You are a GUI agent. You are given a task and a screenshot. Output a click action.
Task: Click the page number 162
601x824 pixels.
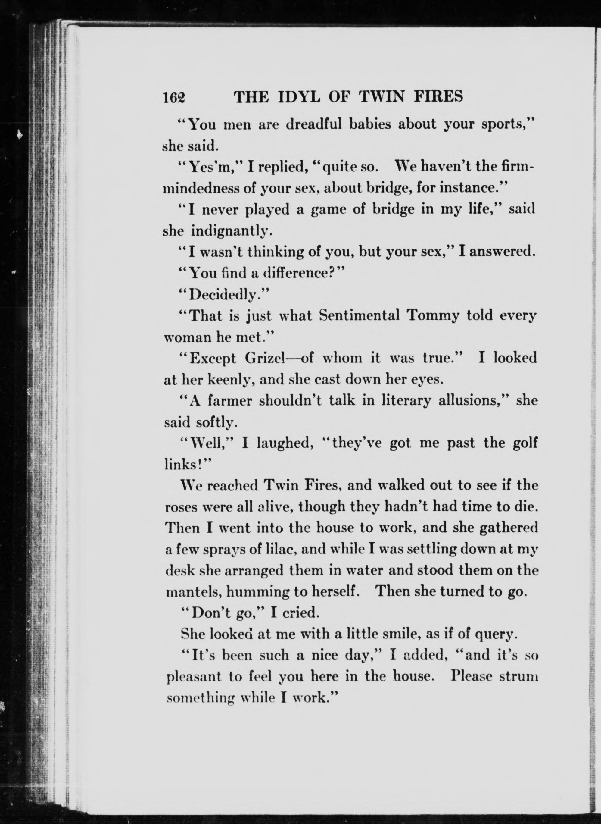174,98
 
